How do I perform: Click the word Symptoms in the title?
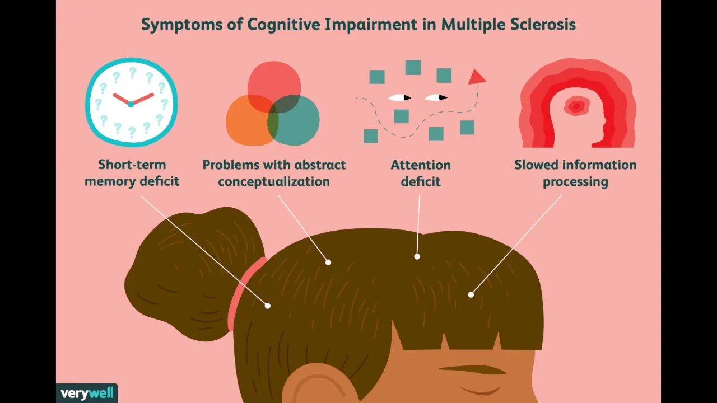pos(173,25)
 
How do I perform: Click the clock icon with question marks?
pos(131,102)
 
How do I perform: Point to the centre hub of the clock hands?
pos(131,104)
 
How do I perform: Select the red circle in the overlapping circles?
pos(274,81)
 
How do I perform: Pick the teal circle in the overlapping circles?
pos(297,123)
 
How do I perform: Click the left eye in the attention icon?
pos(399,98)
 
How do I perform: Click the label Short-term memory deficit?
pos(132,173)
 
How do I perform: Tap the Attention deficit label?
pos(421,173)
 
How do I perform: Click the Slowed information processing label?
pos(575,173)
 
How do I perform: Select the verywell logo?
pos(87,393)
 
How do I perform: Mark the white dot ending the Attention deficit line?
pos(417,256)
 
